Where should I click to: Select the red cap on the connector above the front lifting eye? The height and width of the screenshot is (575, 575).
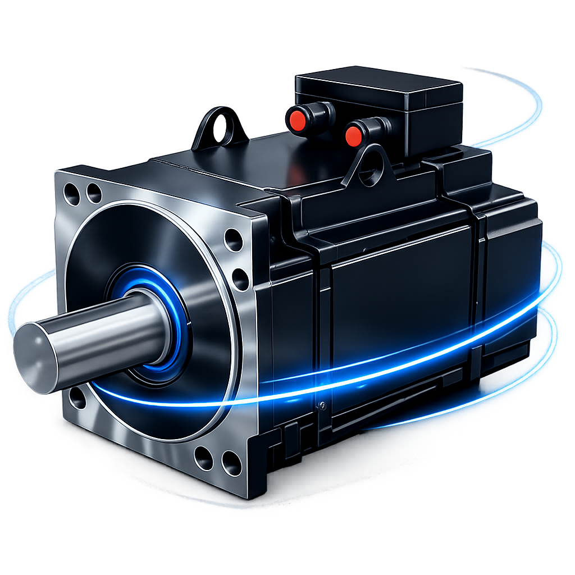[354, 135]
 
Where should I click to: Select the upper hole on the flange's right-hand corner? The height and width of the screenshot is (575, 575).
[233, 240]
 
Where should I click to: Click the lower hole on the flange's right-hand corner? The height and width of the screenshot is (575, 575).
[240, 279]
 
